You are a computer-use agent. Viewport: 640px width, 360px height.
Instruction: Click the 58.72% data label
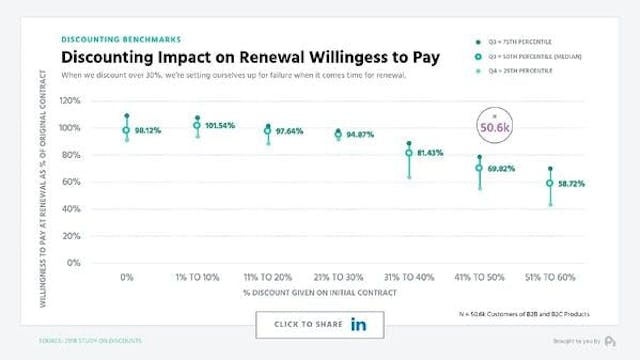coord(578,184)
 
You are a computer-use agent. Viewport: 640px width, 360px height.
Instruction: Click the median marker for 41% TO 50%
coord(479,168)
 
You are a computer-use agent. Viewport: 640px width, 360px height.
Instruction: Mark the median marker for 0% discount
coord(127,130)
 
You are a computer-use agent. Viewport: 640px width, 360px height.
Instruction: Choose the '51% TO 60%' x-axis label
coord(549,276)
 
